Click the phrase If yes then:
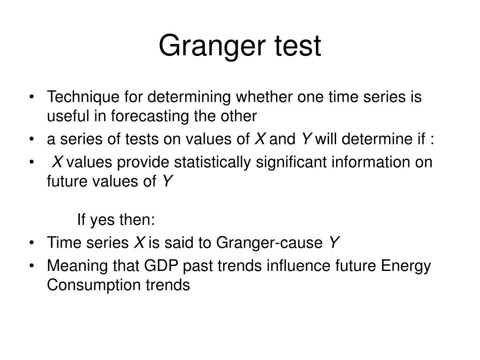click(116, 219)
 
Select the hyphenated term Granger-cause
click(270, 243)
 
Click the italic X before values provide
click(57, 163)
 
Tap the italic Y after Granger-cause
click(333, 243)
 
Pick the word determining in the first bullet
click(190, 97)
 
